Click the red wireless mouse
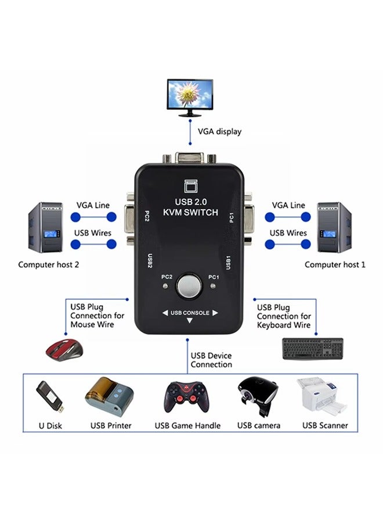(x=64, y=347)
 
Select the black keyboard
(x=313, y=348)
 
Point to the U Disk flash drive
(x=49, y=396)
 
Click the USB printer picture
(x=109, y=396)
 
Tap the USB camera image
(x=258, y=397)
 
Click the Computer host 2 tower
(x=45, y=228)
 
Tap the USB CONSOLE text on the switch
(x=190, y=313)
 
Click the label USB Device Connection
(x=212, y=360)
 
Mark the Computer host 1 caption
(x=335, y=264)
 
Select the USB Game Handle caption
(x=187, y=425)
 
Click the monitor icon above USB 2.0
(x=190, y=185)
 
